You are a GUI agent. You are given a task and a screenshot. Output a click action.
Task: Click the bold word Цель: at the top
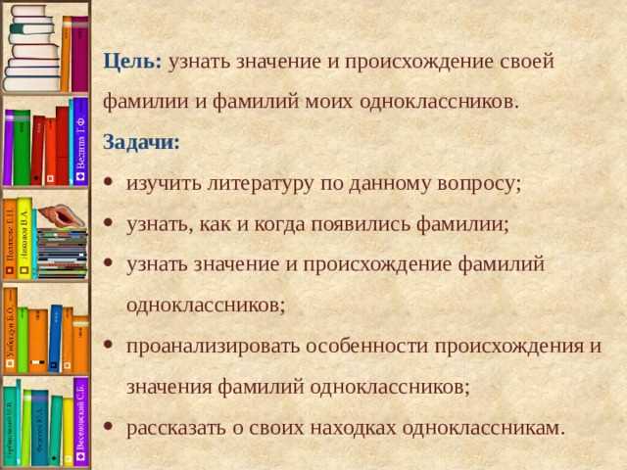coord(132,61)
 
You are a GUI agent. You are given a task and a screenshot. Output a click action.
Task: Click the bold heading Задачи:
coord(141,142)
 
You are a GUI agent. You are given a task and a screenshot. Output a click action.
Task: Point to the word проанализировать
coord(214,346)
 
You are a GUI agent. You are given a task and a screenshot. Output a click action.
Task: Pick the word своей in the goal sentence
coord(529,61)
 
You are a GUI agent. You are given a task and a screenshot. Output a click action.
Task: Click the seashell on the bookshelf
coord(62,214)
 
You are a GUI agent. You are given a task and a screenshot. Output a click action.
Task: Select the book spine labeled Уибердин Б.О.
coord(9,328)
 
